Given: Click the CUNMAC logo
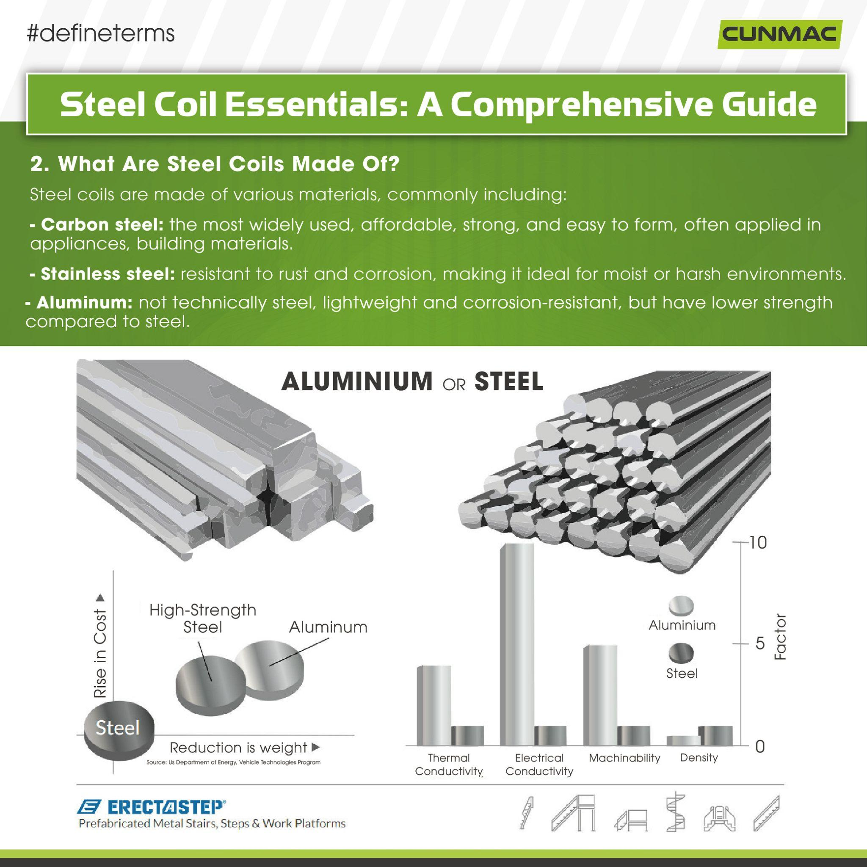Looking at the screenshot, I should [x=779, y=35].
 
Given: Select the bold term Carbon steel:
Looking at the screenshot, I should [x=102, y=224].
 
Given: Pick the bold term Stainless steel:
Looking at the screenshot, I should [x=108, y=274].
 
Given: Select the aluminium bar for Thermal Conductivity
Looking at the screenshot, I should [x=433, y=705].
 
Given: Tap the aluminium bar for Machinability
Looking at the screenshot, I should [x=600, y=695].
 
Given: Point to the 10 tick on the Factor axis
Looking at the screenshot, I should [x=758, y=543].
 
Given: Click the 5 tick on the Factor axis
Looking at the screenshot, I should [x=760, y=643].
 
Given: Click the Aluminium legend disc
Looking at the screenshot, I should [x=681, y=606].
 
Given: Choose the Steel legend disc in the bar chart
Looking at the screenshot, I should [x=681, y=654].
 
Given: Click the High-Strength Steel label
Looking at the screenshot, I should [x=203, y=618].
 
